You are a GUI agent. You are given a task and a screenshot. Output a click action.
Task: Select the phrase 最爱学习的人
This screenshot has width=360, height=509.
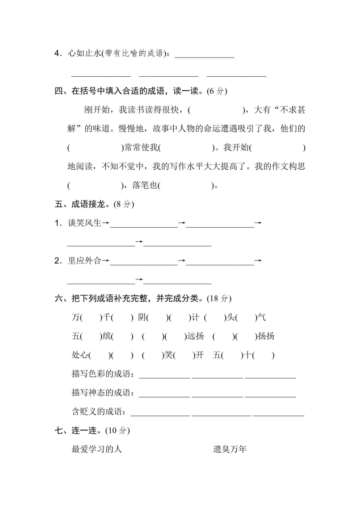pyautogui.click(x=97, y=450)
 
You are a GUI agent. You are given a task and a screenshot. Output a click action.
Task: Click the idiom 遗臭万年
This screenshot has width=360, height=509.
pyautogui.click(x=230, y=450)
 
